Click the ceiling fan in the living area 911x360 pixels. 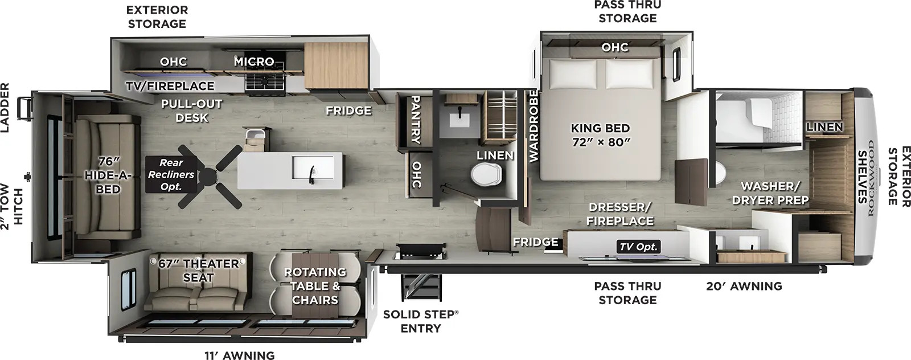208,176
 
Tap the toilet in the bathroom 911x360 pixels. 486,175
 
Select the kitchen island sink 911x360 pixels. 313,167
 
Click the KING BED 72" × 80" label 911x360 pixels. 600,135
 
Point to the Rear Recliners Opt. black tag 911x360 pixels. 171,174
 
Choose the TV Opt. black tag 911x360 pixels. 638,247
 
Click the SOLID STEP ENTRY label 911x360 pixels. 421,321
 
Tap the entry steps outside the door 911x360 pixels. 421,287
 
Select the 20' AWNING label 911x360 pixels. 744,286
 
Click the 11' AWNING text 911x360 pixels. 240,355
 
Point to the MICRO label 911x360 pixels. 254,62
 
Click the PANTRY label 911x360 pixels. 416,120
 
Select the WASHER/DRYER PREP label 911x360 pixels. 770,193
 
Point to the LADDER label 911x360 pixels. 5,108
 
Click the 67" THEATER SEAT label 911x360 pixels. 199,271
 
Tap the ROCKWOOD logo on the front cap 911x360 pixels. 871,178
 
